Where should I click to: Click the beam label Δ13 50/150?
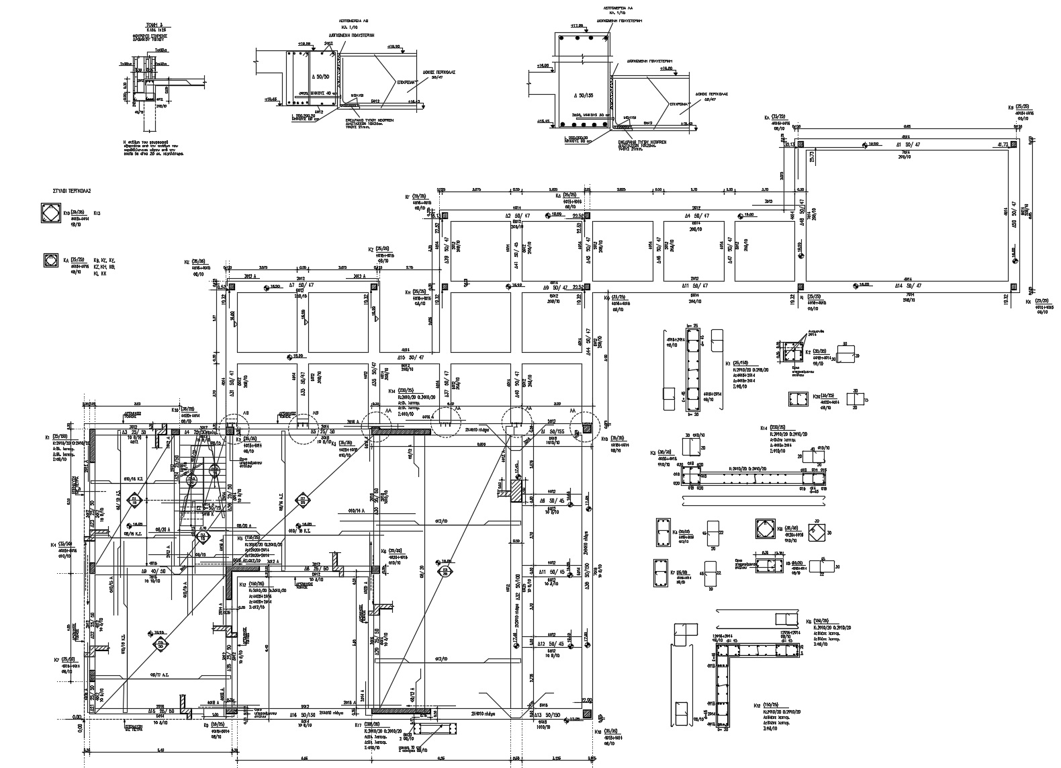pyautogui.click(x=549, y=714)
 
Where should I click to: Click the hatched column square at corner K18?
pyautogui.click(x=587, y=713)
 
